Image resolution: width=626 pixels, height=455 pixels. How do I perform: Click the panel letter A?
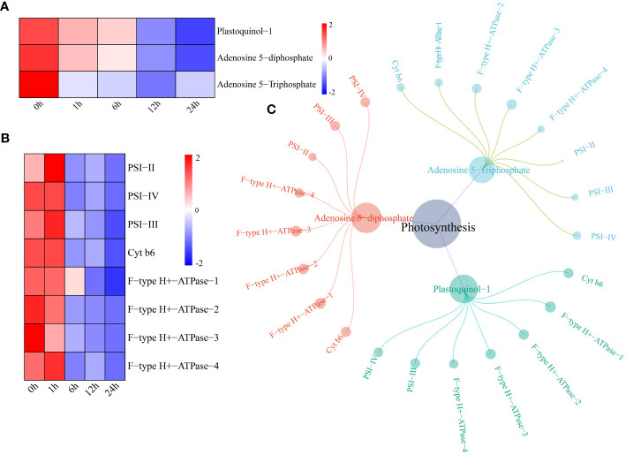click(7, 7)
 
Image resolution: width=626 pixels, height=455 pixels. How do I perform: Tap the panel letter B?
click(7, 139)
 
